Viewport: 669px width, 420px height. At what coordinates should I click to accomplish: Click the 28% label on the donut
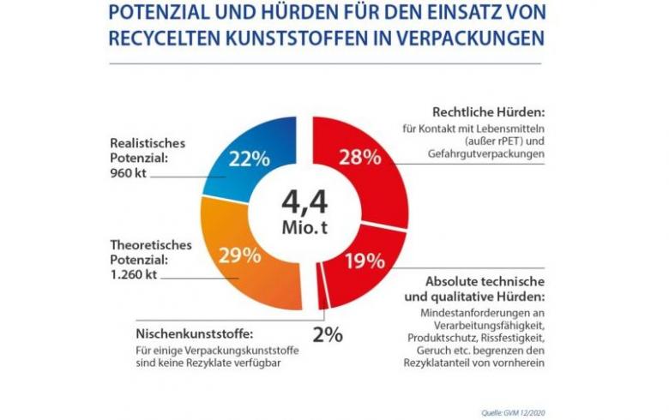click(359, 157)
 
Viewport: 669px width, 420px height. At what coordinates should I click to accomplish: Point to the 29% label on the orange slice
click(240, 255)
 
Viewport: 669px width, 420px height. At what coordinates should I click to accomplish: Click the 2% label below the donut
click(327, 334)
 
